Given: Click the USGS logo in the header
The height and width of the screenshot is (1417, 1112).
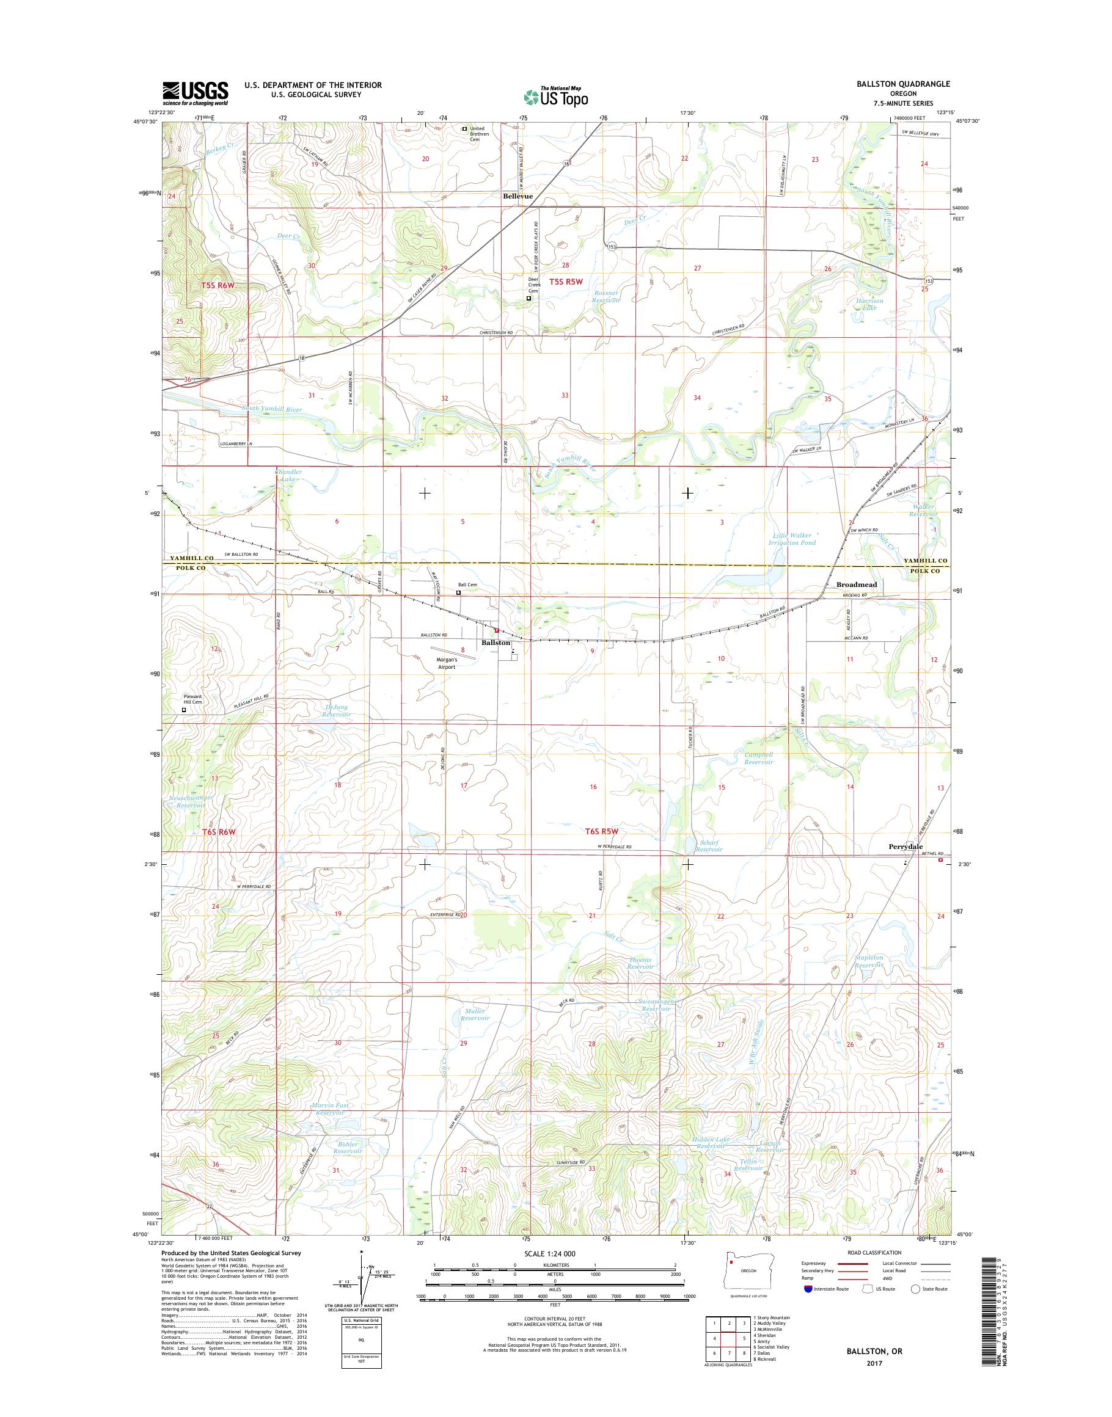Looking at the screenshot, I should [196, 93].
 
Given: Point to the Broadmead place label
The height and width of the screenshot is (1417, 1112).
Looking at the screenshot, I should [856, 585].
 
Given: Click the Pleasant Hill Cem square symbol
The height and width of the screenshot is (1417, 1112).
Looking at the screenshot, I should [183, 711].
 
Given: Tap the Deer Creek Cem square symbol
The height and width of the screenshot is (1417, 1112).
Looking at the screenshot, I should [528, 299].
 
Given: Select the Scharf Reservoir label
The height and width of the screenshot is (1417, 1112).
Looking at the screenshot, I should [708, 845].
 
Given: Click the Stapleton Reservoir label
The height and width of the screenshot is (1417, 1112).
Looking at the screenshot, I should [869, 961].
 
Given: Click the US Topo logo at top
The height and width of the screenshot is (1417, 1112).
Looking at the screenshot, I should [555, 97].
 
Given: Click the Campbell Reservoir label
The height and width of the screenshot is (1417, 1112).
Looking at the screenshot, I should [758, 759].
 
